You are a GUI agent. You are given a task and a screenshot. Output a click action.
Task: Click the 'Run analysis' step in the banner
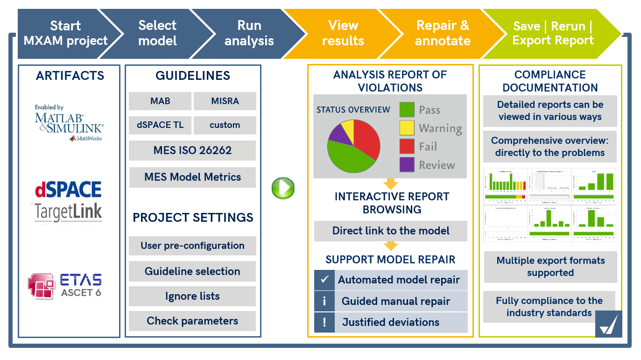pos(249,33)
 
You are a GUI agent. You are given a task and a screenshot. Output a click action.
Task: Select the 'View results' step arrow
pos(343,33)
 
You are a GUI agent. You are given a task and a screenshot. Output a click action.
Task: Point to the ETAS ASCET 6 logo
pos(65,285)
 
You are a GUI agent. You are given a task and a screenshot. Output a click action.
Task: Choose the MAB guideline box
pos(160,101)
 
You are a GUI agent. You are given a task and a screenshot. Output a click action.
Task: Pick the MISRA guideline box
pos(225,101)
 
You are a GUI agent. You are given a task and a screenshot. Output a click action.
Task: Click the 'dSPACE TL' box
pos(160,125)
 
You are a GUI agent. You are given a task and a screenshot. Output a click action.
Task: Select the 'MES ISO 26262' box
pos(192,150)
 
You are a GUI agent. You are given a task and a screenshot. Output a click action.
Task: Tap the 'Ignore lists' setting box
pos(192,296)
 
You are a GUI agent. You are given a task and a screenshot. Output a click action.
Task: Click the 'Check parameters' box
pos(192,321)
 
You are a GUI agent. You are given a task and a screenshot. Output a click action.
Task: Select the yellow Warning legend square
pos(407,128)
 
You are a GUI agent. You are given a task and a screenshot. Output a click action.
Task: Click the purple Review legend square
pos(407,164)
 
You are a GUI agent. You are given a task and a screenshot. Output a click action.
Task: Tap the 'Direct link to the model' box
pos(391,231)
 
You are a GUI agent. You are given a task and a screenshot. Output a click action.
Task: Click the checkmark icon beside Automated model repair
pos(324,280)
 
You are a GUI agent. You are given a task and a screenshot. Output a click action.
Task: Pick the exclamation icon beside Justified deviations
pos(324,322)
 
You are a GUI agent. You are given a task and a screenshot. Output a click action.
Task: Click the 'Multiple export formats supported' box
pos(550,267)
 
